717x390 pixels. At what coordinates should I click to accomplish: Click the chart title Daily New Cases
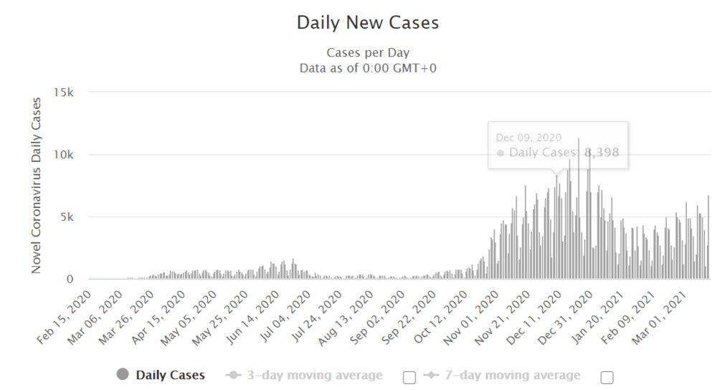click(x=368, y=23)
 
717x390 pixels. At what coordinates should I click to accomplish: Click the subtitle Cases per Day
click(x=368, y=53)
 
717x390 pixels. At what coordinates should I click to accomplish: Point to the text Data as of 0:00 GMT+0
click(x=368, y=68)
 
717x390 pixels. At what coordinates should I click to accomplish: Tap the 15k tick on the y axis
click(x=65, y=92)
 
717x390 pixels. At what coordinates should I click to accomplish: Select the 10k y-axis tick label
click(x=65, y=155)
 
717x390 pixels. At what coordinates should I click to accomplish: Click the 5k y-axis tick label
click(x=69, y=217)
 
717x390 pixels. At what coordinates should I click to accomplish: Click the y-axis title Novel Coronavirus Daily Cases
click(x=37, y=184)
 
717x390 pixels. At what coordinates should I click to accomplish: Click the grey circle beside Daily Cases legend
click(x=122, y=374)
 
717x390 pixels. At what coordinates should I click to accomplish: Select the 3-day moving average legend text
click(x=314, y=375)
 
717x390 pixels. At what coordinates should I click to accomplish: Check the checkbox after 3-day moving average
click(x=409, y=377)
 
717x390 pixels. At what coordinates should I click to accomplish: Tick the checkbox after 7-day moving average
click(x=607, y=377)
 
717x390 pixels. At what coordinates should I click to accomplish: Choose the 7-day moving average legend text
click(x=511, y=375)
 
